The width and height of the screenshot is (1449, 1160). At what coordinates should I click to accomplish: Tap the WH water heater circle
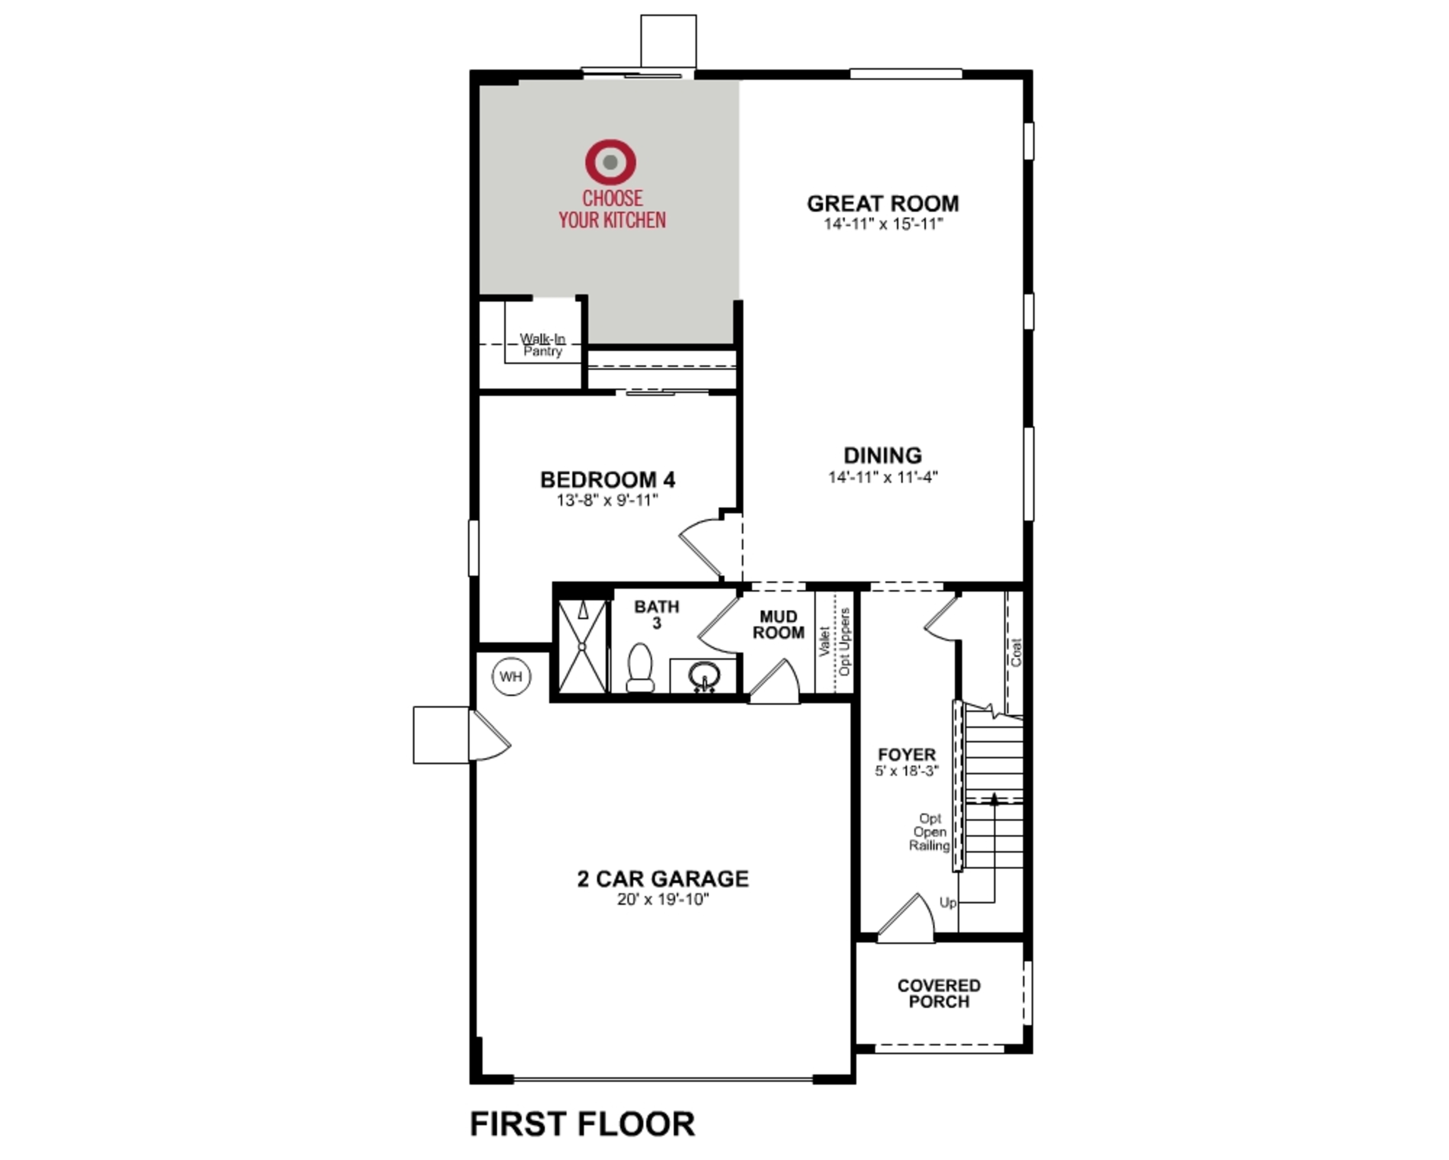pyautogui.click(x=511, y=677)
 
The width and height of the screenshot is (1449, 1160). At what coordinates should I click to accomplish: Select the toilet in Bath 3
pyautogui.click(x=640, y=668)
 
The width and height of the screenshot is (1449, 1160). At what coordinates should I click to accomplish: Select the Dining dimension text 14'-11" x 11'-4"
pyautogui.click(x=883, y=477)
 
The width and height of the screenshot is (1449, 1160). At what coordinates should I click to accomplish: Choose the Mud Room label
pyautogui.click(x=778, y=625)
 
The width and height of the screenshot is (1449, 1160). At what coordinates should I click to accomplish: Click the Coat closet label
pyautogui.click(x=1015, y=652)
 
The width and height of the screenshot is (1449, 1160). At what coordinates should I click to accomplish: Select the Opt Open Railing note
pyautogui.click(x=929, y=832)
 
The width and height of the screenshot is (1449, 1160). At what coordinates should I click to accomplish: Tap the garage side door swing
pyautogui.click(x=489, y=736)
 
